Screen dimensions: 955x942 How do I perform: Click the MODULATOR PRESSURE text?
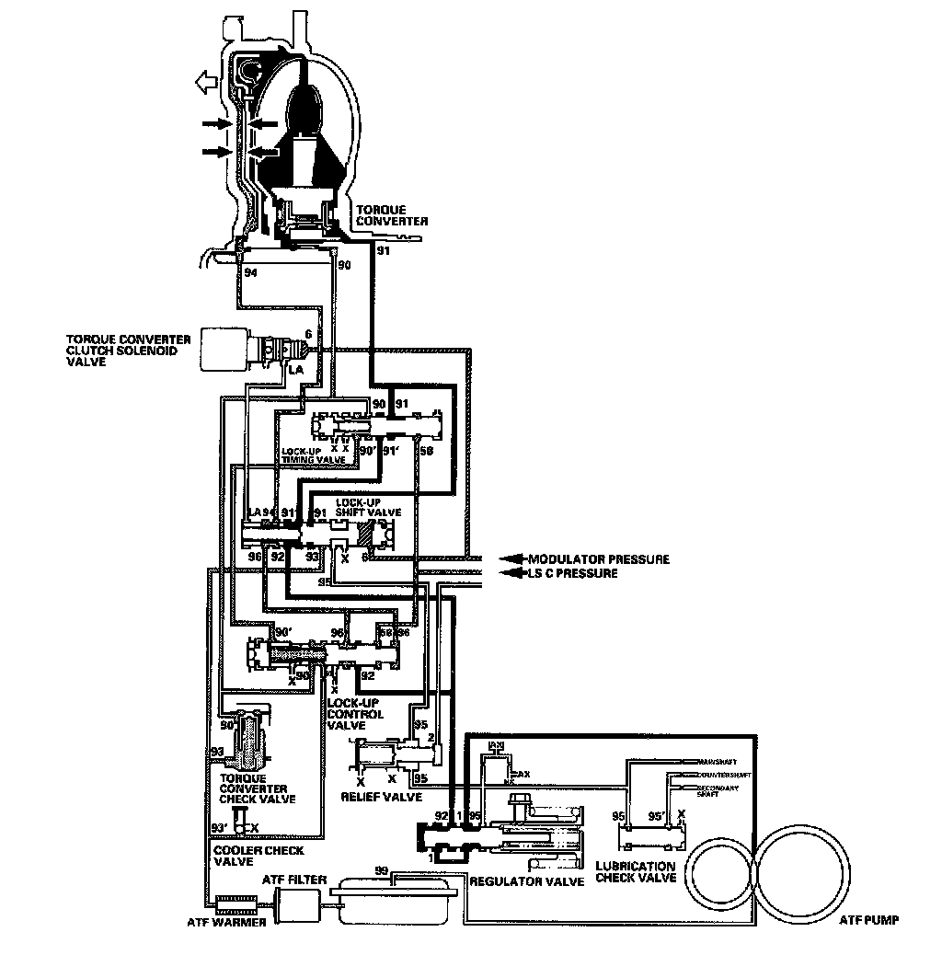(x=598, y=559)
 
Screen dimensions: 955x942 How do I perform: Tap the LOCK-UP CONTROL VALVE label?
(x=355, y=714)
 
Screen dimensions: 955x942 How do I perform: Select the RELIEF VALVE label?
(x=381, y=797)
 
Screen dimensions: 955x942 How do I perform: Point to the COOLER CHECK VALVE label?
(x=245, y=855)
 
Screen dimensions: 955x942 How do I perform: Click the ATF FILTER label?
(x=294, y=880)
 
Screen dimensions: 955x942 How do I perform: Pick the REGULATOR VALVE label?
(x=527, y=881)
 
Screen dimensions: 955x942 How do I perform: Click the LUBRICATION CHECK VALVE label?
(x=636, y=872)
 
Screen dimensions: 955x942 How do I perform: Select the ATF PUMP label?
(x=868, y=918)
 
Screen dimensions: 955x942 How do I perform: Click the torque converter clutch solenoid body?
(x=225, y=349)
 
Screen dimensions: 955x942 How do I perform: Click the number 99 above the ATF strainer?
(x=382, y=869)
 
